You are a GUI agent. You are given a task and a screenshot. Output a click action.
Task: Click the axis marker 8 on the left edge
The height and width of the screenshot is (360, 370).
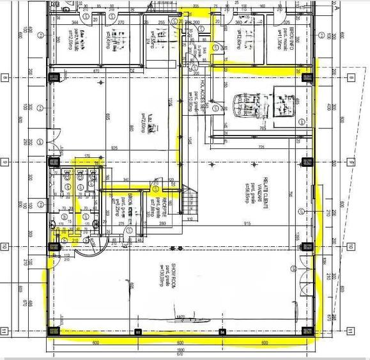(x=5, y=77)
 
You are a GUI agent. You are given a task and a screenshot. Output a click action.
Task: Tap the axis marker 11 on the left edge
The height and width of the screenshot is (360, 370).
(x=5, y=331)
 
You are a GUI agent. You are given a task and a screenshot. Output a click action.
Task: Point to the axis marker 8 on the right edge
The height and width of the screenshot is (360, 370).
(x=350, y=77)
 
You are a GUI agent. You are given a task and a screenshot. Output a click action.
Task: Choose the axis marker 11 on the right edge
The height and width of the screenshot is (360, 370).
(x=350, y=331)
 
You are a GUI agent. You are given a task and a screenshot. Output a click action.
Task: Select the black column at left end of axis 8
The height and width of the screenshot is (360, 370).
(x=54, y=77)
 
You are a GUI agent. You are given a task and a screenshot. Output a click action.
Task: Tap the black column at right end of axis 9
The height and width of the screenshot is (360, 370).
(x=307, y=160)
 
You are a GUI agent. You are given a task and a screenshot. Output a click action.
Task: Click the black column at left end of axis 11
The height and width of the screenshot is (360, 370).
(x=54, y=331)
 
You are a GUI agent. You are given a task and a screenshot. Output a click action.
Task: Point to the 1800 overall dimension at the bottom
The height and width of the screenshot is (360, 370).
(x=180, y=350)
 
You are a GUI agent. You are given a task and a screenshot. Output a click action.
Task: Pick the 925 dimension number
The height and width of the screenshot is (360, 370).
(x=114, y=148)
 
